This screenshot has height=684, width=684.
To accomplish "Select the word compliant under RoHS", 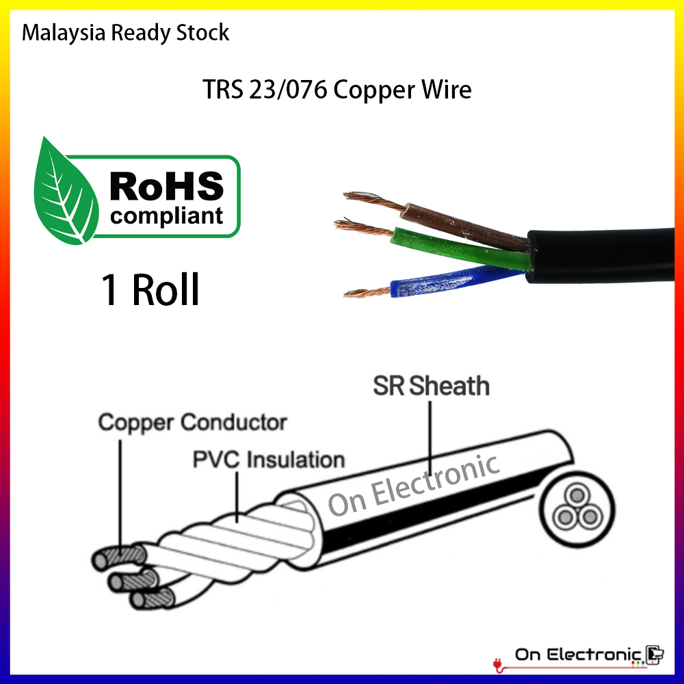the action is [167, 216].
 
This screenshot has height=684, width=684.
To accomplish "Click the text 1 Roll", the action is [150, 290].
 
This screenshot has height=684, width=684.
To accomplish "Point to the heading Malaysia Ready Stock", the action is [126, 32].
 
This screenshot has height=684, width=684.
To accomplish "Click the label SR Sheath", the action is [431, 386].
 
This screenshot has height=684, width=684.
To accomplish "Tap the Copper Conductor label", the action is [192, 422].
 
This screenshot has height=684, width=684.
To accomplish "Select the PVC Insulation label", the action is [268, 459].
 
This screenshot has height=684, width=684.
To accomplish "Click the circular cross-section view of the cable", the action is [573, 510].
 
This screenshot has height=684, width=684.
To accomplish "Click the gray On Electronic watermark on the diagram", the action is [413, 486].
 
